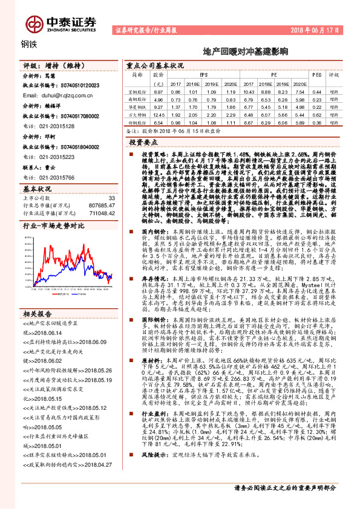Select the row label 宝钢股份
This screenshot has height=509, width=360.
(x=139, y=91)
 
